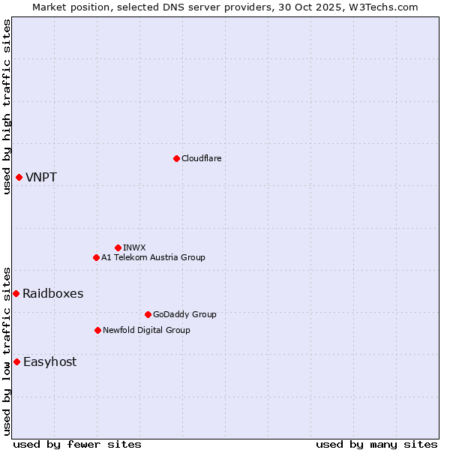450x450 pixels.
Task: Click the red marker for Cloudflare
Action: [176, 158]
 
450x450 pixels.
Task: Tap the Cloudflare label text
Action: [201, 158]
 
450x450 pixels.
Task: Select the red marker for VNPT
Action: [19, 177]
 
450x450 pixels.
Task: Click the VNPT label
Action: [40, 178]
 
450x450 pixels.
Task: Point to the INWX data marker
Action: [118, 247]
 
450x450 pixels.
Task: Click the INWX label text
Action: [134, 247]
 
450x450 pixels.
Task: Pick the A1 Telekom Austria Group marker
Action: [96, 257]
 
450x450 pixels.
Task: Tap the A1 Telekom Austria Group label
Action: [153, 257]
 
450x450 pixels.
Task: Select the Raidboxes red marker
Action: [16, 293]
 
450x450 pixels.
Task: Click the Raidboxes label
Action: [52, 294]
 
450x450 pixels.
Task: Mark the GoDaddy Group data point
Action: [148, 314]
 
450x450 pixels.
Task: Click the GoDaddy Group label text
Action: [184, 314]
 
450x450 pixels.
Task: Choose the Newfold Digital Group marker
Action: [97, 330]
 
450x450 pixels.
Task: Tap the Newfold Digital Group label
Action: [146, 330]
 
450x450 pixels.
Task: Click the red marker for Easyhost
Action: [16, 361]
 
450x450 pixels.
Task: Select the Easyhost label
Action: [49, 362]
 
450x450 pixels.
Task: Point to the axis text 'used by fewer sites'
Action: [77, 444]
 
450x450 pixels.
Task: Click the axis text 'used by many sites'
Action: [376, 444]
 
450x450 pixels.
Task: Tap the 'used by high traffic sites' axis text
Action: [7, 106]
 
